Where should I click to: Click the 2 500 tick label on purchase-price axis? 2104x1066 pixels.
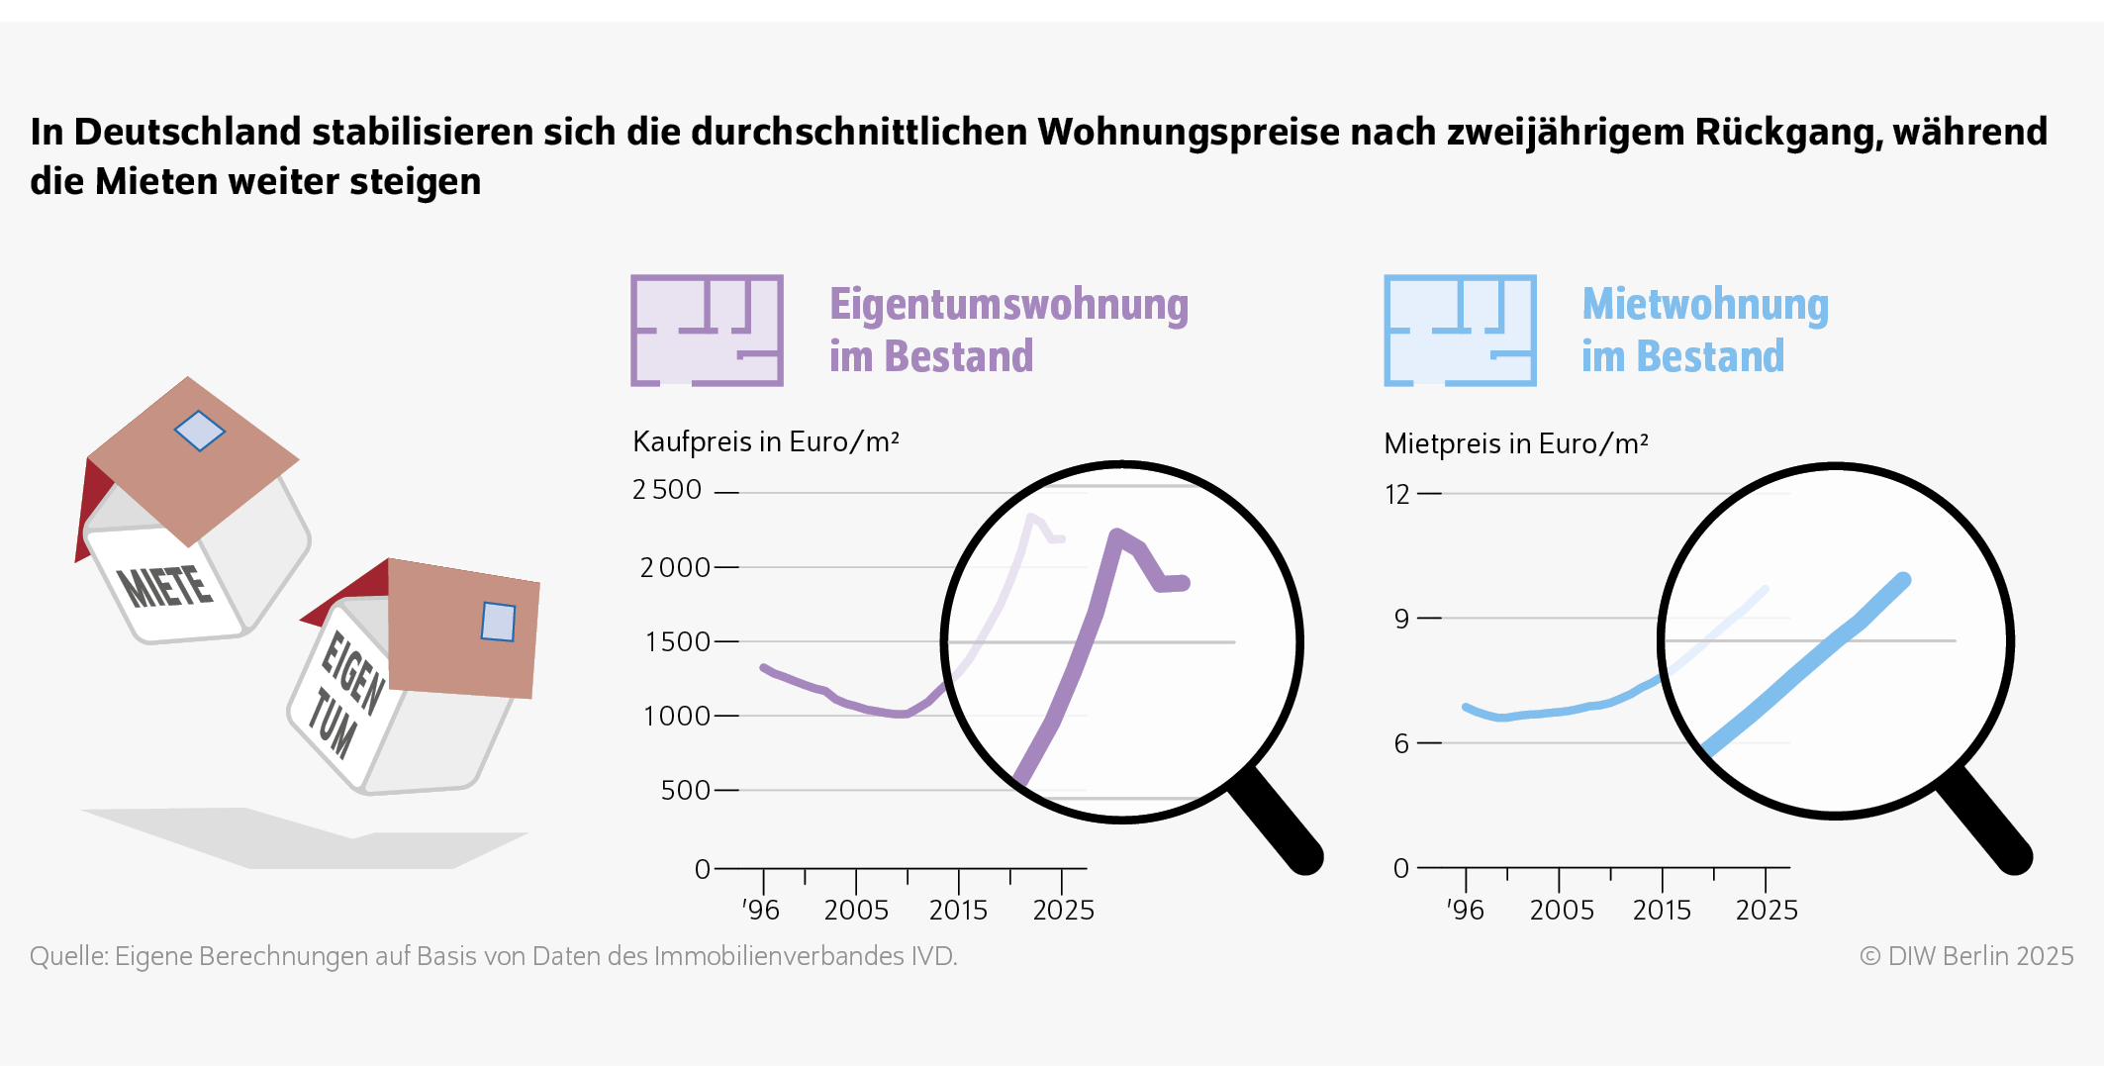pos(667,490)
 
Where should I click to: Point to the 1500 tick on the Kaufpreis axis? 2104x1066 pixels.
pos(677,641)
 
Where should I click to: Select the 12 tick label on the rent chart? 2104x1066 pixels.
pos(1396,494)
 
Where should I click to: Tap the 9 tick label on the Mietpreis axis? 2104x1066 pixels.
pos(1401,619)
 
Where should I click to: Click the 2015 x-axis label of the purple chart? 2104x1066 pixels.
pos(958,910)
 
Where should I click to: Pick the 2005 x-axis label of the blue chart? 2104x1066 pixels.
pos(1562,910)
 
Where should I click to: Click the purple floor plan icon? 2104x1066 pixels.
pos(707,331)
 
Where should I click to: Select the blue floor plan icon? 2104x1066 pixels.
pos(1460,331)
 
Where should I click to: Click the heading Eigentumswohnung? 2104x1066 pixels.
pos(1008,304)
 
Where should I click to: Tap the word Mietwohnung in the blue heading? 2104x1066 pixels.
pos(1705,304)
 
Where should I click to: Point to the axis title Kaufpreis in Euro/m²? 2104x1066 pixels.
pos(765,441)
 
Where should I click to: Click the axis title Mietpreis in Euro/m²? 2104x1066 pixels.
pos(1515,443)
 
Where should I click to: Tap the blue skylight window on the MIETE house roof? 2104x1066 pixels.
pos(199,432)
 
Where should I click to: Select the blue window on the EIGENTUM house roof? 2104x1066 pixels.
pos(498,622)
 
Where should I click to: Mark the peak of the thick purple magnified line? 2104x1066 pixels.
pos(1117,535)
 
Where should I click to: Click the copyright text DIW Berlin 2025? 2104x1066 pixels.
pos(1965,956)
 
